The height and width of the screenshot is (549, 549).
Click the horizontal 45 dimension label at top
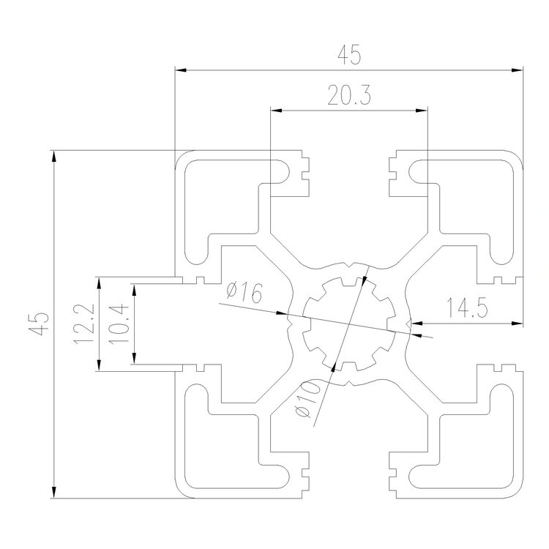click(348, 56)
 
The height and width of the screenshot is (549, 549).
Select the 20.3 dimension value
click(348, 96)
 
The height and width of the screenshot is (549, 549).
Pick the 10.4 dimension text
click(121, 323)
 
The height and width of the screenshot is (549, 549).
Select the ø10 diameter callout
click(306, 400)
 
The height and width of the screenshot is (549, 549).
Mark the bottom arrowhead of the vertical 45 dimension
click(53, 493)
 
